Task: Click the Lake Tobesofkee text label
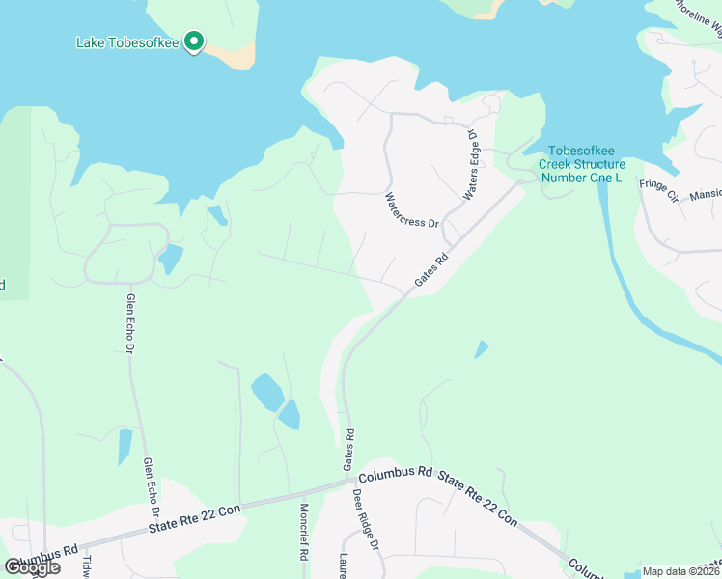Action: pyautogui.click(x=127, y=43)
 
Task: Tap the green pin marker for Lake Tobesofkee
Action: pyautogui.click(x=194, y=41)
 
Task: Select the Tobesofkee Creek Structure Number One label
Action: pyautogui.click(x=582, y=164)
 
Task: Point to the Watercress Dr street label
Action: pyautogui.click(x=411, y=209)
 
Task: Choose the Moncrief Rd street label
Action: pyautogui.click(x=303, y=534)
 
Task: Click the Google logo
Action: pyautogui.click(x=32, y=567)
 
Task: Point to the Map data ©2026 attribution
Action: pyautogui.click(x=680, y=571)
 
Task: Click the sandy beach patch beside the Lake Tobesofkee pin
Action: pyautogui.click(x=237, y=56)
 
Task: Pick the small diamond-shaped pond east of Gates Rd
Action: pyautogui.click(x=481, y=349)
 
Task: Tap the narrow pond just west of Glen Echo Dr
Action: pyautogui.click(x=125, y=447)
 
